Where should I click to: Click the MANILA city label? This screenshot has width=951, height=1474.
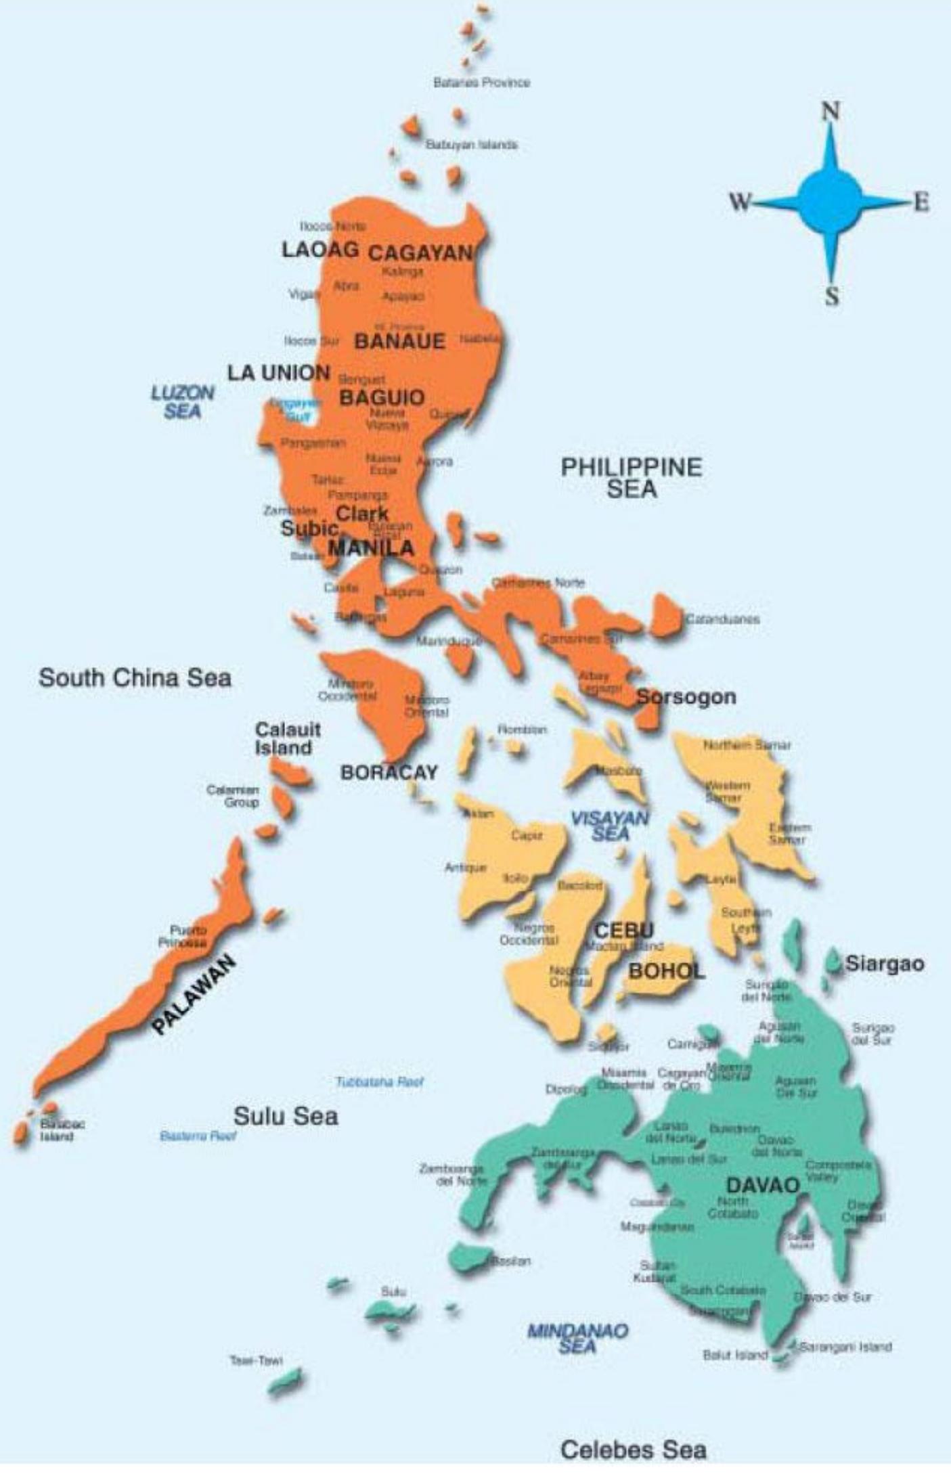point(371,548)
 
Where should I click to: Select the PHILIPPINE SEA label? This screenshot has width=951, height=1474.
point(632,478)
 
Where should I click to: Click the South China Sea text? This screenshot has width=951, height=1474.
point(135,677)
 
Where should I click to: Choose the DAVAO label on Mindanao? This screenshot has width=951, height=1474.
point(763,1186)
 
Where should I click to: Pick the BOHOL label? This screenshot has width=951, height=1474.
point(666,972)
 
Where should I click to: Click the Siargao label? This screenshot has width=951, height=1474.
point(884,964)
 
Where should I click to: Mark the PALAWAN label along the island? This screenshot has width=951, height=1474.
point(194,993)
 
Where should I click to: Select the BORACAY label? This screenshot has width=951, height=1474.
point(389,773)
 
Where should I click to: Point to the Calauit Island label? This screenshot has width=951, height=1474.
point(287,739)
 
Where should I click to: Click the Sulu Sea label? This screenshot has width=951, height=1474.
point(286,1116)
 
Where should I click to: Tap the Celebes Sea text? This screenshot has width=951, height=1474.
point(634,1450)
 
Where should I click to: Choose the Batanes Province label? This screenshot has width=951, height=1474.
point(481,83)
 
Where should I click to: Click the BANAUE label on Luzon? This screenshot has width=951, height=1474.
point(399,341)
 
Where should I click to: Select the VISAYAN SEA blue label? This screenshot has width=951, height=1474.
point(610,826)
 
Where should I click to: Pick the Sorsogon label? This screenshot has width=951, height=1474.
point(686,697)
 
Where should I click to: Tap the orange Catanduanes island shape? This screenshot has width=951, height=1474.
point(667,615)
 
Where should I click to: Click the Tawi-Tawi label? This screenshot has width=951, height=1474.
point(256,1360)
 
